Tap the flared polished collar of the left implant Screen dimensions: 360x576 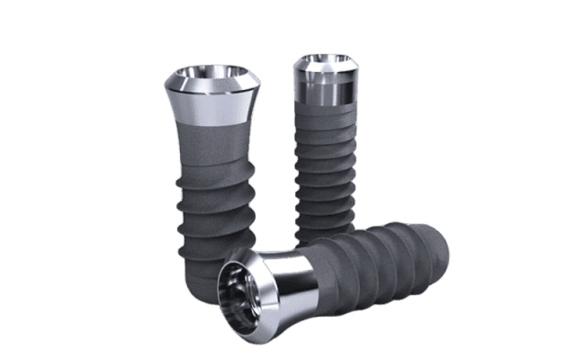tap(212, 101)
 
